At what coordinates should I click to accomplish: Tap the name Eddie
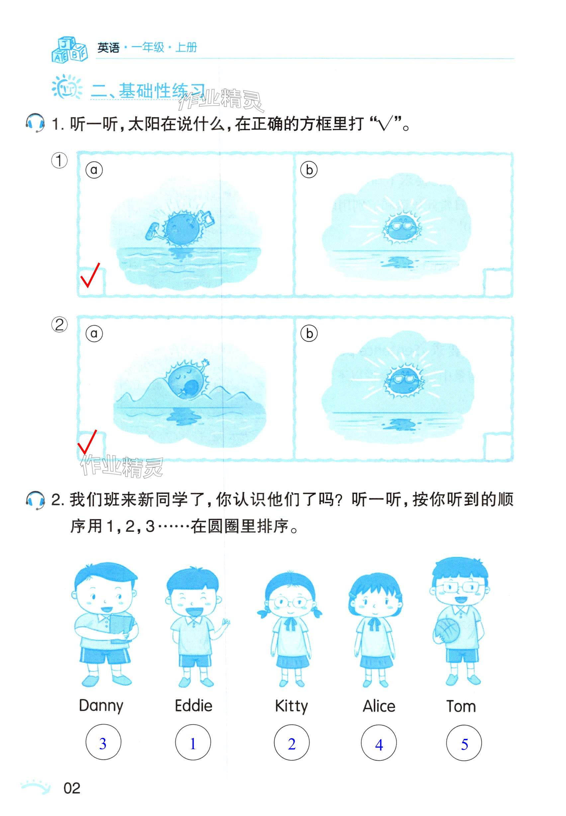tap(193, 705)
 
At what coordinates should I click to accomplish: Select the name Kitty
tap(291, 706)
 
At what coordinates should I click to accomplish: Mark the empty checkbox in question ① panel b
tap(498, 282)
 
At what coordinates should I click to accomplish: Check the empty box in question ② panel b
tap(498, 447)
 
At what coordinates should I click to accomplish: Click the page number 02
tap(72, 788)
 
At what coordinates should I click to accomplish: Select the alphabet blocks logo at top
tap(69, 49)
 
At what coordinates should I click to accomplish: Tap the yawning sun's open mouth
tap(193, 386)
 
